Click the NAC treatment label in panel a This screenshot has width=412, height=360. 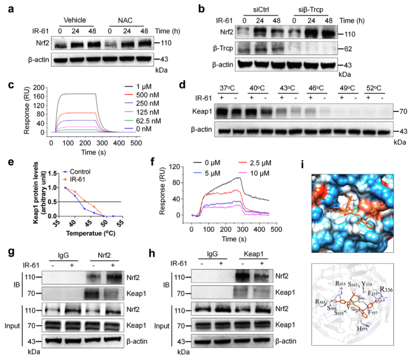(x=127, y=20)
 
